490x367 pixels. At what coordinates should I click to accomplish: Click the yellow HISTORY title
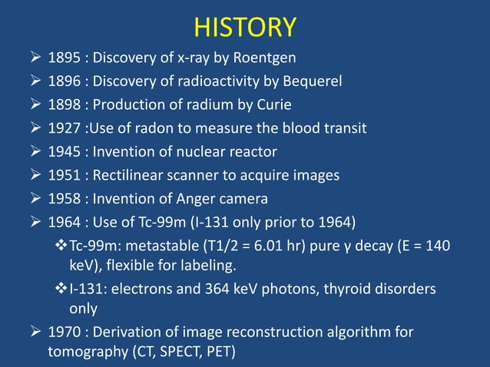click(245, 28)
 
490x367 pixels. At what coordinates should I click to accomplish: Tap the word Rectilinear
click(135, 175)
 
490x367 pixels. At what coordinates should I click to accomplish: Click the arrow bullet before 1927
click(33, 128)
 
